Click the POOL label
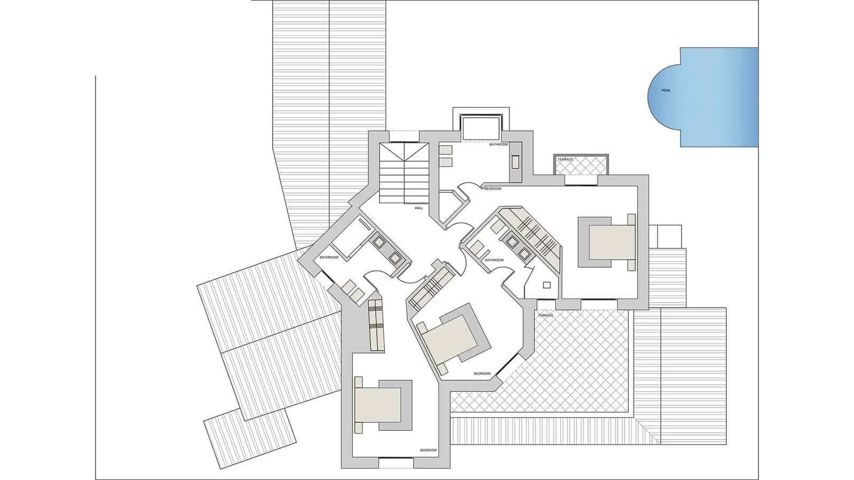[666, 91]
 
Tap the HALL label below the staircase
[418, 208]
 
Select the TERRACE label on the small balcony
[565, 159]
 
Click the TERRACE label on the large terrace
[545, 316]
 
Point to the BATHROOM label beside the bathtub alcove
[499, 145]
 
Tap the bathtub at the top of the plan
[480, 128]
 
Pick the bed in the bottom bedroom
[379, 405]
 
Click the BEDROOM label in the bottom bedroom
[428, 451]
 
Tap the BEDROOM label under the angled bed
[482, 374]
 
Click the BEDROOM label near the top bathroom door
[493, 189]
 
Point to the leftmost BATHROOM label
[329, 258]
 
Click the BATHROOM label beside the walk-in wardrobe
[494, 260]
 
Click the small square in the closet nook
[547, 285]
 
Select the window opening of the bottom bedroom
[396, 458]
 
